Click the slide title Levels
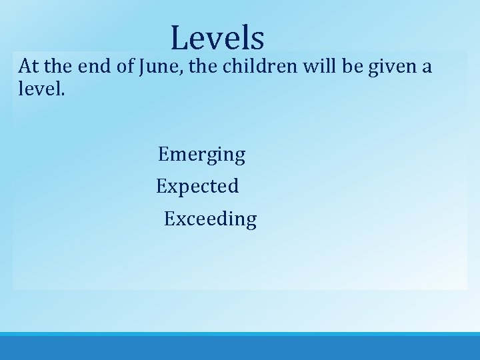[x=217, y=38]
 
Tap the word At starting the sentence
[x=29, y=67]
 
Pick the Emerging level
[x=201, y=155]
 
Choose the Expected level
[x=197, y=187]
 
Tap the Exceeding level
[x=210, y=219]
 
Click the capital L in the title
[x=179, y=38]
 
